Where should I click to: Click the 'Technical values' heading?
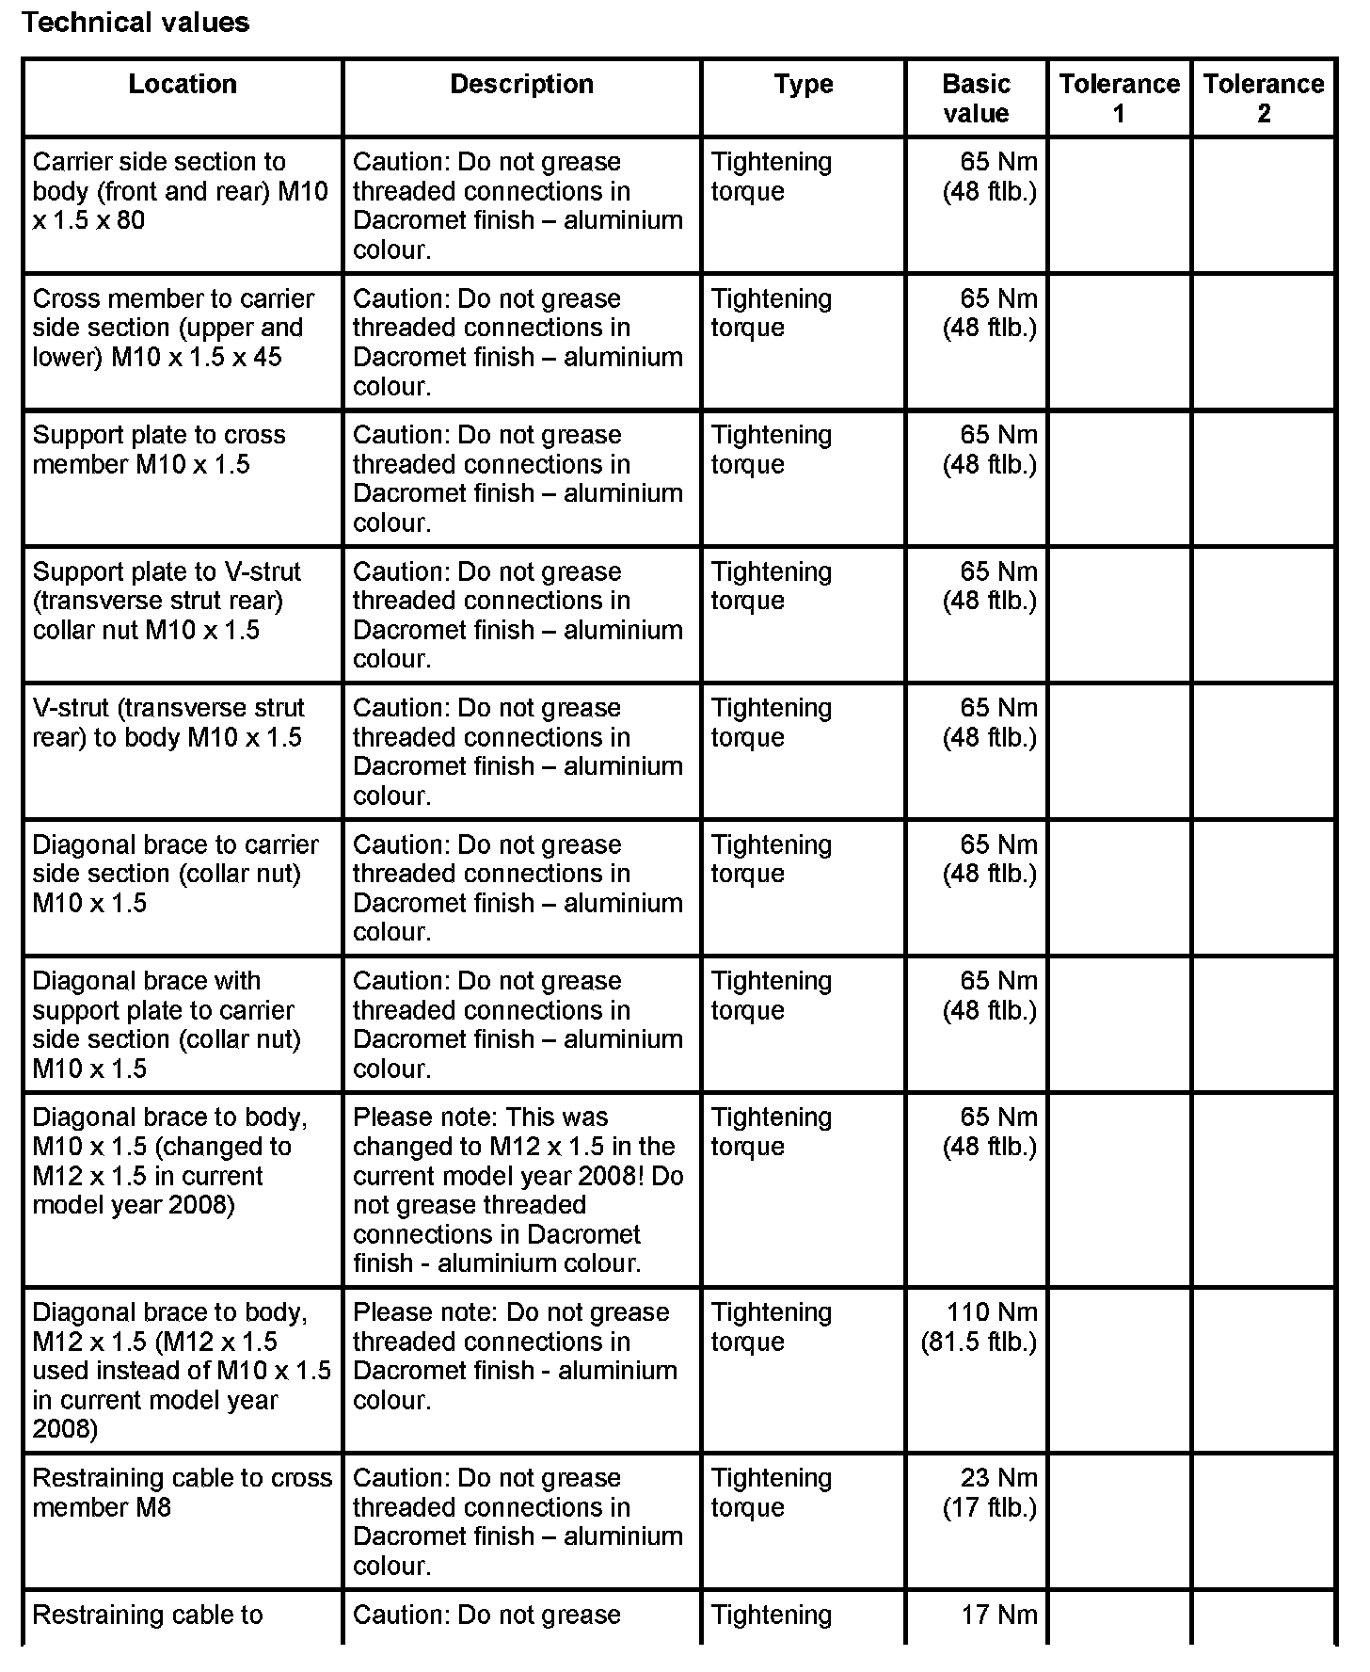pos(135,23)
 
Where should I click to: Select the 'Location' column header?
pos(183,85)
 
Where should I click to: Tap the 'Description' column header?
pos(521,85)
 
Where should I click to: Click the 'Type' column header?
pos(803,85)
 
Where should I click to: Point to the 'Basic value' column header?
pos(976,99)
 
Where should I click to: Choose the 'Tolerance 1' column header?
pos(1119,99)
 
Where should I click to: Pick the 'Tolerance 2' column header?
pos(1263,99)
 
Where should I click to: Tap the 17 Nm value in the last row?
pos(998,1616)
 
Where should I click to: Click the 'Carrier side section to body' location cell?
pos(180,191)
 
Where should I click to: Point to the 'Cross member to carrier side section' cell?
pos(174,328)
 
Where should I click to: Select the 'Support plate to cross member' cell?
pos(159,450)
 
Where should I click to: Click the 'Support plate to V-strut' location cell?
pos(167,601)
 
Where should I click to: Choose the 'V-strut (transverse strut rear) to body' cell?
pos(168,722)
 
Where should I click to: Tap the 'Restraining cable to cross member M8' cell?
pos(182,1492)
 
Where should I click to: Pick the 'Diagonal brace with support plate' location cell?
pos(167,1024)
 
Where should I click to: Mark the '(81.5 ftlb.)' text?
pos(979,1342)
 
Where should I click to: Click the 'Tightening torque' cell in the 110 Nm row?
pos(771,1326)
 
